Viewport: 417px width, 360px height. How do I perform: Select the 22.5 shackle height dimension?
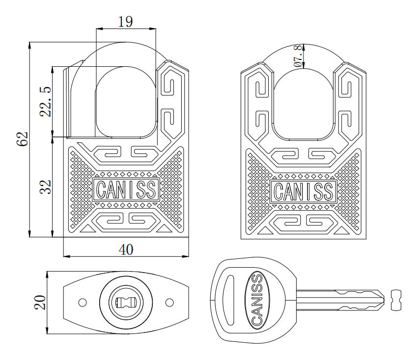[x=45, y=102]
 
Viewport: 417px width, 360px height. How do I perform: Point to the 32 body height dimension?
[x=45, y=187]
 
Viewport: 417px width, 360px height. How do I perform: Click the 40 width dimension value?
[x=126, y=249]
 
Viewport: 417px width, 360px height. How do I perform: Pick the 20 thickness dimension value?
[x=40, y=302]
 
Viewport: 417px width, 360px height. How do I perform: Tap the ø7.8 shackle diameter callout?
[x=298, y=56]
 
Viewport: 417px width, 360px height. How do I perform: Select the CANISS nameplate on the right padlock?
[x=304, y=191]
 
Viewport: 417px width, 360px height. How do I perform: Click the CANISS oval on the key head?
[x=257, y=301]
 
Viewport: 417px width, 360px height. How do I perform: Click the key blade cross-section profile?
[x=396, y=300]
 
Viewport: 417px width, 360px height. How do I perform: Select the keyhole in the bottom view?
[x=126, y=302]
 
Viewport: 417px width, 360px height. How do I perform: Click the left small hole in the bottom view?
[x=83, y=302]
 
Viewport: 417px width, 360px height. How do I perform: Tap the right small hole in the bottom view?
[x=169, y=302]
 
